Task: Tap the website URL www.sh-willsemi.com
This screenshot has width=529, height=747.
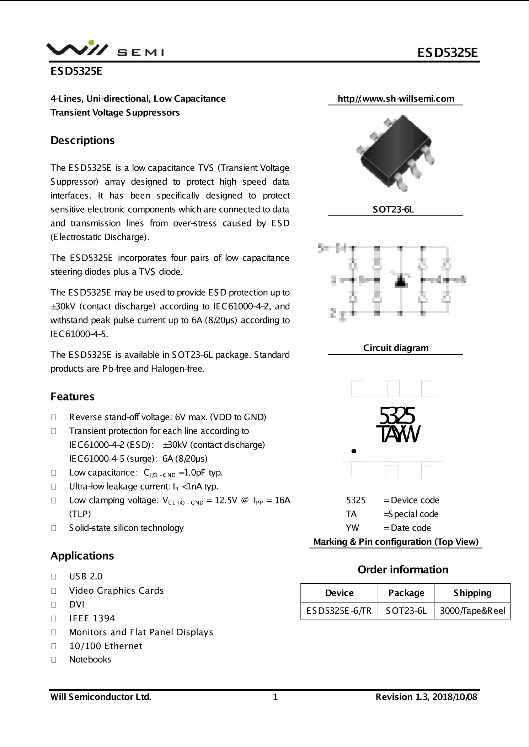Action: (x=396, y=99)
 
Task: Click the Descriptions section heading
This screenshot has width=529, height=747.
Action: (x=82, y=140)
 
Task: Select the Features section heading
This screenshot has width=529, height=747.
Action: (x=73, y=396)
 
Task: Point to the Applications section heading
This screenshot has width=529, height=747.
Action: (x=82, y=556)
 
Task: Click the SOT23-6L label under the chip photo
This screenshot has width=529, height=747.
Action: (x=394, y=209)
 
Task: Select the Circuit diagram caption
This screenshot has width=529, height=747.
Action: (x=396, y=348)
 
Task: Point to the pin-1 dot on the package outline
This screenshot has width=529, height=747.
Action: (x=353, y=451)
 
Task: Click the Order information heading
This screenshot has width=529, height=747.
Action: (x=403, y=569)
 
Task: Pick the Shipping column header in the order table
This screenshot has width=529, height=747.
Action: (x=472, y=593)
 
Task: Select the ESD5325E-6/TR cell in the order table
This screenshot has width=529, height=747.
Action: (x=339, y=611)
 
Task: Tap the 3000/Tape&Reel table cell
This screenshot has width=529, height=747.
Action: (x=472, y=611)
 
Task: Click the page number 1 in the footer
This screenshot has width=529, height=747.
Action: (x=275, y=697)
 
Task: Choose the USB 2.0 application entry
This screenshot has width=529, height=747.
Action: (x=86, y=576)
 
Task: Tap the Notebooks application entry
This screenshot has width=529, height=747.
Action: (x=90, y=659)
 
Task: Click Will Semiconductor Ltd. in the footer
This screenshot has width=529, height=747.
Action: (x=101, y=697)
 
